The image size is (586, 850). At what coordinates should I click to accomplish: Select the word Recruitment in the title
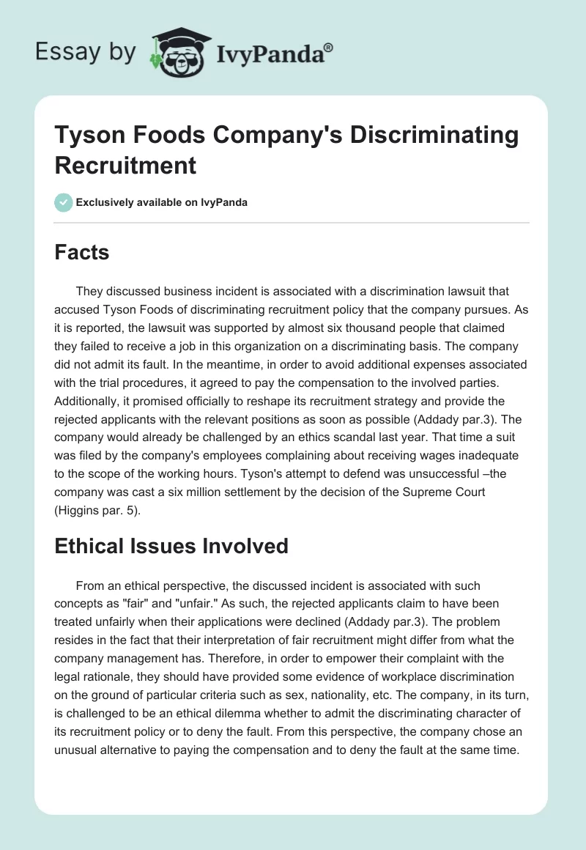point(125,165)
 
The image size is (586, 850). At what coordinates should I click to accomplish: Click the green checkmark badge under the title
point(64,202)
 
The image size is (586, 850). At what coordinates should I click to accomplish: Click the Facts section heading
point(82,253)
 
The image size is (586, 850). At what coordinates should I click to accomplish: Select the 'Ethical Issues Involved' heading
point(171,545)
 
